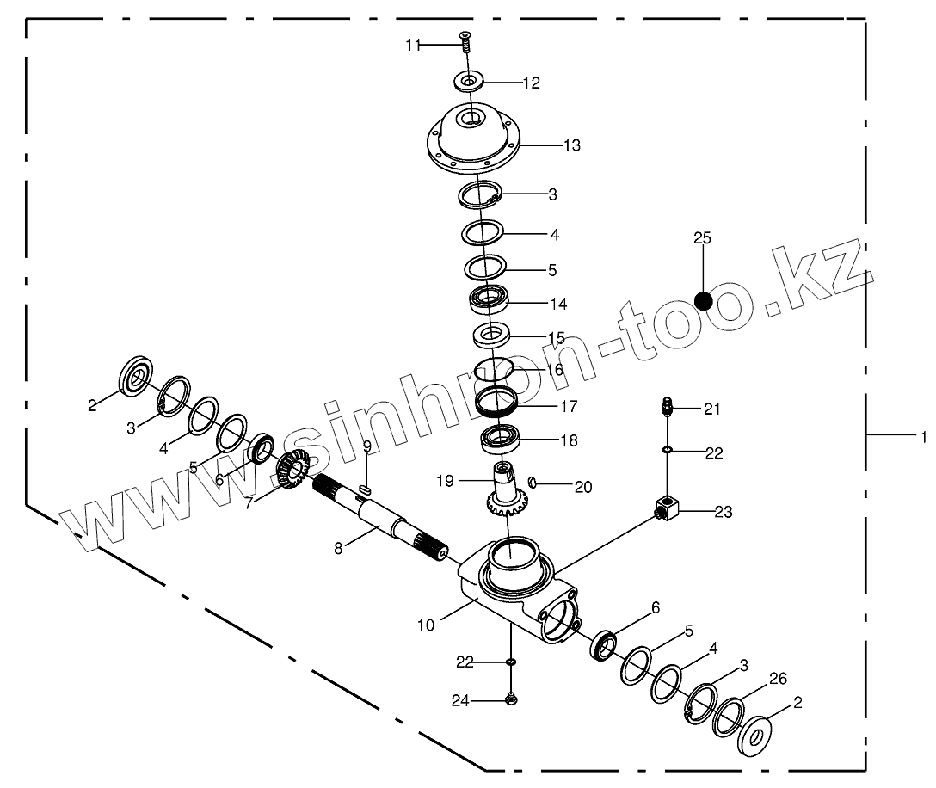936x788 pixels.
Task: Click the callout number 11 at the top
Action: [x=414, y=46]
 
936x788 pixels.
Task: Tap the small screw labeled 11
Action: [x=465, y=40]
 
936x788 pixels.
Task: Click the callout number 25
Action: [x=703, y=238]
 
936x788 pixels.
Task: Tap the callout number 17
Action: [x=569, y=406]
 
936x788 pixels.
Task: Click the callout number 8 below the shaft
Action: [x=338, y=547]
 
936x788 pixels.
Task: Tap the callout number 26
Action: [x=778, y=679]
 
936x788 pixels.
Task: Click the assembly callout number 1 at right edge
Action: [x=923, y=436]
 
